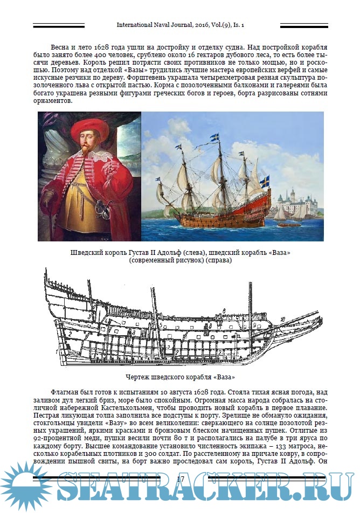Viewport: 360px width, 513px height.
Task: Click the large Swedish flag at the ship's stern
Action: (265, 182)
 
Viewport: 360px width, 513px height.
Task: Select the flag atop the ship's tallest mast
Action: (215, 137)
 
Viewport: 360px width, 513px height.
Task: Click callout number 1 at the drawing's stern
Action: (56, 351)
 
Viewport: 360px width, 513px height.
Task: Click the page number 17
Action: (181, 479)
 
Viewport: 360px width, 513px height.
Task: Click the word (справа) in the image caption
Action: (215, 260)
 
